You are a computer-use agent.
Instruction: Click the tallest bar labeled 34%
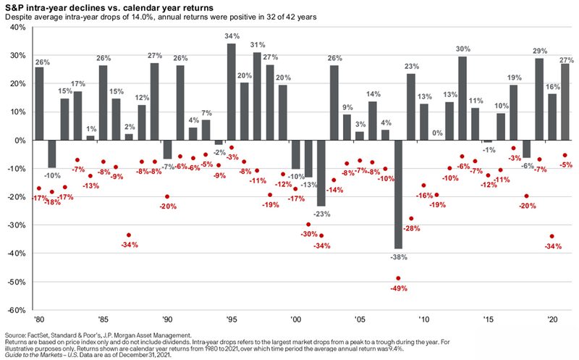pyautogui.click(x=232, y=91)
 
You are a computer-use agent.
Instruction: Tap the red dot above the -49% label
pyautogui.click(x=397, y=278)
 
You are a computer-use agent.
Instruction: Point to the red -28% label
pyautogui.click(x=410, y=229)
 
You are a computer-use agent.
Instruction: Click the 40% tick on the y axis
pyautogui.click(x=17, y=28)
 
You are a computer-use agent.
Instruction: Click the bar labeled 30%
pyautogui.click(x=462, y=98)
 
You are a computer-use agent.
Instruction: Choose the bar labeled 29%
pyautogui.click(x=539, y=99)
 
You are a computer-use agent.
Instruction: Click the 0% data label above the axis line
pyautogui.click(x=436, y=133)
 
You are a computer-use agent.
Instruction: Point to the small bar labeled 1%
pyautogui.click(x=90, y=138)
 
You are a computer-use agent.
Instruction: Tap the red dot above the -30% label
pyautogui.click(x=308, y=225)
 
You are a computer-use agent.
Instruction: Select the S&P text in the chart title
pyautogui.click(x=15, y=5)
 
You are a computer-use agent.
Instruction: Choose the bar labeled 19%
pyautogui.click(x=513, y=113)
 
